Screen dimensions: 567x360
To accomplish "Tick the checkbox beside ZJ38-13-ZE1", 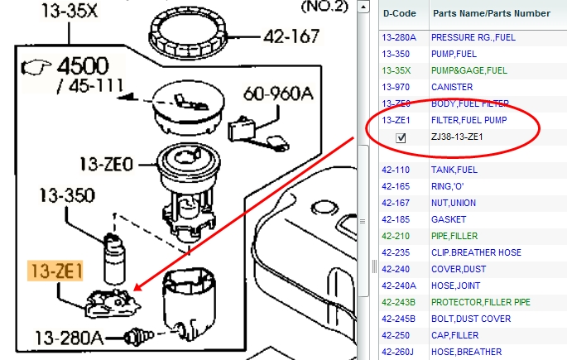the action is click(401, 137).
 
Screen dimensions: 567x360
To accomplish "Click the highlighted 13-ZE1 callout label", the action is click(55, 271).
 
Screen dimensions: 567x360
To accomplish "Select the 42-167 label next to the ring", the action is click(291, 36).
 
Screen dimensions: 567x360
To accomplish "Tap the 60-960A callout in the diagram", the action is click(278, 94).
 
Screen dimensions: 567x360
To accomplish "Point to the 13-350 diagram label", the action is click(67, 195).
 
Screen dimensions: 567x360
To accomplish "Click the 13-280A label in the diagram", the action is click(69, 338).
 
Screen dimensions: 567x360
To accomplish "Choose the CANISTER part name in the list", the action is click(452, 87).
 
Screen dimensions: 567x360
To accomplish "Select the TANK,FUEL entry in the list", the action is click(454, 170).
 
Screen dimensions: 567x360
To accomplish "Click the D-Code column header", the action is click(399, 13).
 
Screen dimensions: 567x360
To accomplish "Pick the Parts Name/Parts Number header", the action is click(492, 13).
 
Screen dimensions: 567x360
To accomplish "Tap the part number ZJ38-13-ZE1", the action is click(457, 137).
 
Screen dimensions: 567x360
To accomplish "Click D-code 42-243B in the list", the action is click(398, 302).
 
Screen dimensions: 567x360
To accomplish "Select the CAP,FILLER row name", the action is click(455, 335).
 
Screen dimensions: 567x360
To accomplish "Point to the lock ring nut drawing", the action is click(188, 33).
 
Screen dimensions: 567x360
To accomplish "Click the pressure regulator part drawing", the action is click(138, 337).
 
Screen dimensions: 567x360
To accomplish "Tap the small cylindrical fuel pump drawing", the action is click(114, 258).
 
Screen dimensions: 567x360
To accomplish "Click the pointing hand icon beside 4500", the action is click(36, 67).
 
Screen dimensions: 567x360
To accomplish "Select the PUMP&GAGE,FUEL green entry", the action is click(469, 70).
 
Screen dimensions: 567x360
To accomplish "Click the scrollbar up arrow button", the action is click(363, 7).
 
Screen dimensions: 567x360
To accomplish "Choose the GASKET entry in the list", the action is click(449, 220).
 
